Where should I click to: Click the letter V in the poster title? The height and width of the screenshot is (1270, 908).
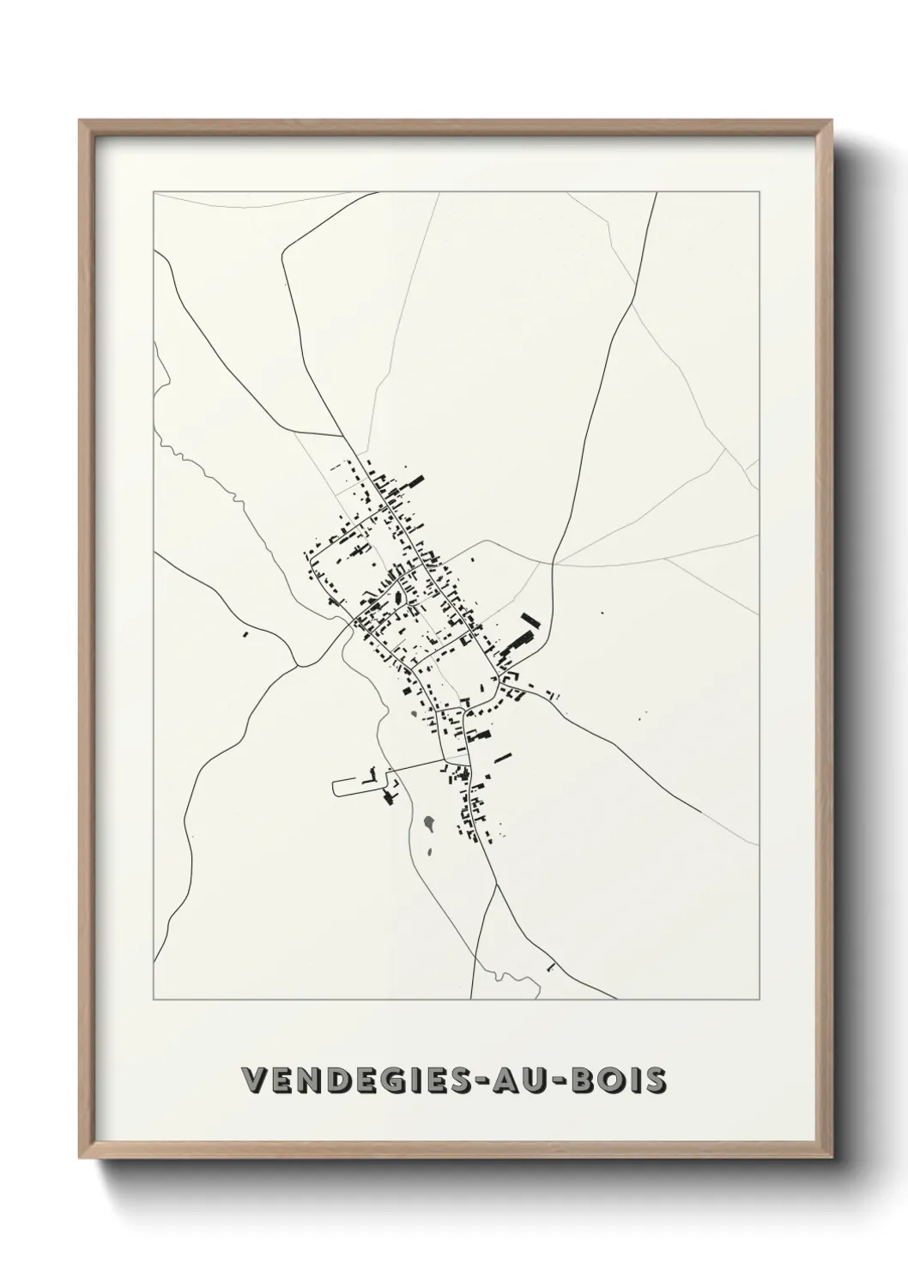pos(255,1079)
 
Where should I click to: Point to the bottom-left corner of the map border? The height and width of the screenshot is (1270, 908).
pos(154,1000)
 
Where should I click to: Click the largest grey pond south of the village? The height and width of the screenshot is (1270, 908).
pos(428,826)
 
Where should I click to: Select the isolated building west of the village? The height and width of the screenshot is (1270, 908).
pos(245,635)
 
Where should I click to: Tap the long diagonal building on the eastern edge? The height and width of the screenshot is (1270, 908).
pos(530,622)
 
